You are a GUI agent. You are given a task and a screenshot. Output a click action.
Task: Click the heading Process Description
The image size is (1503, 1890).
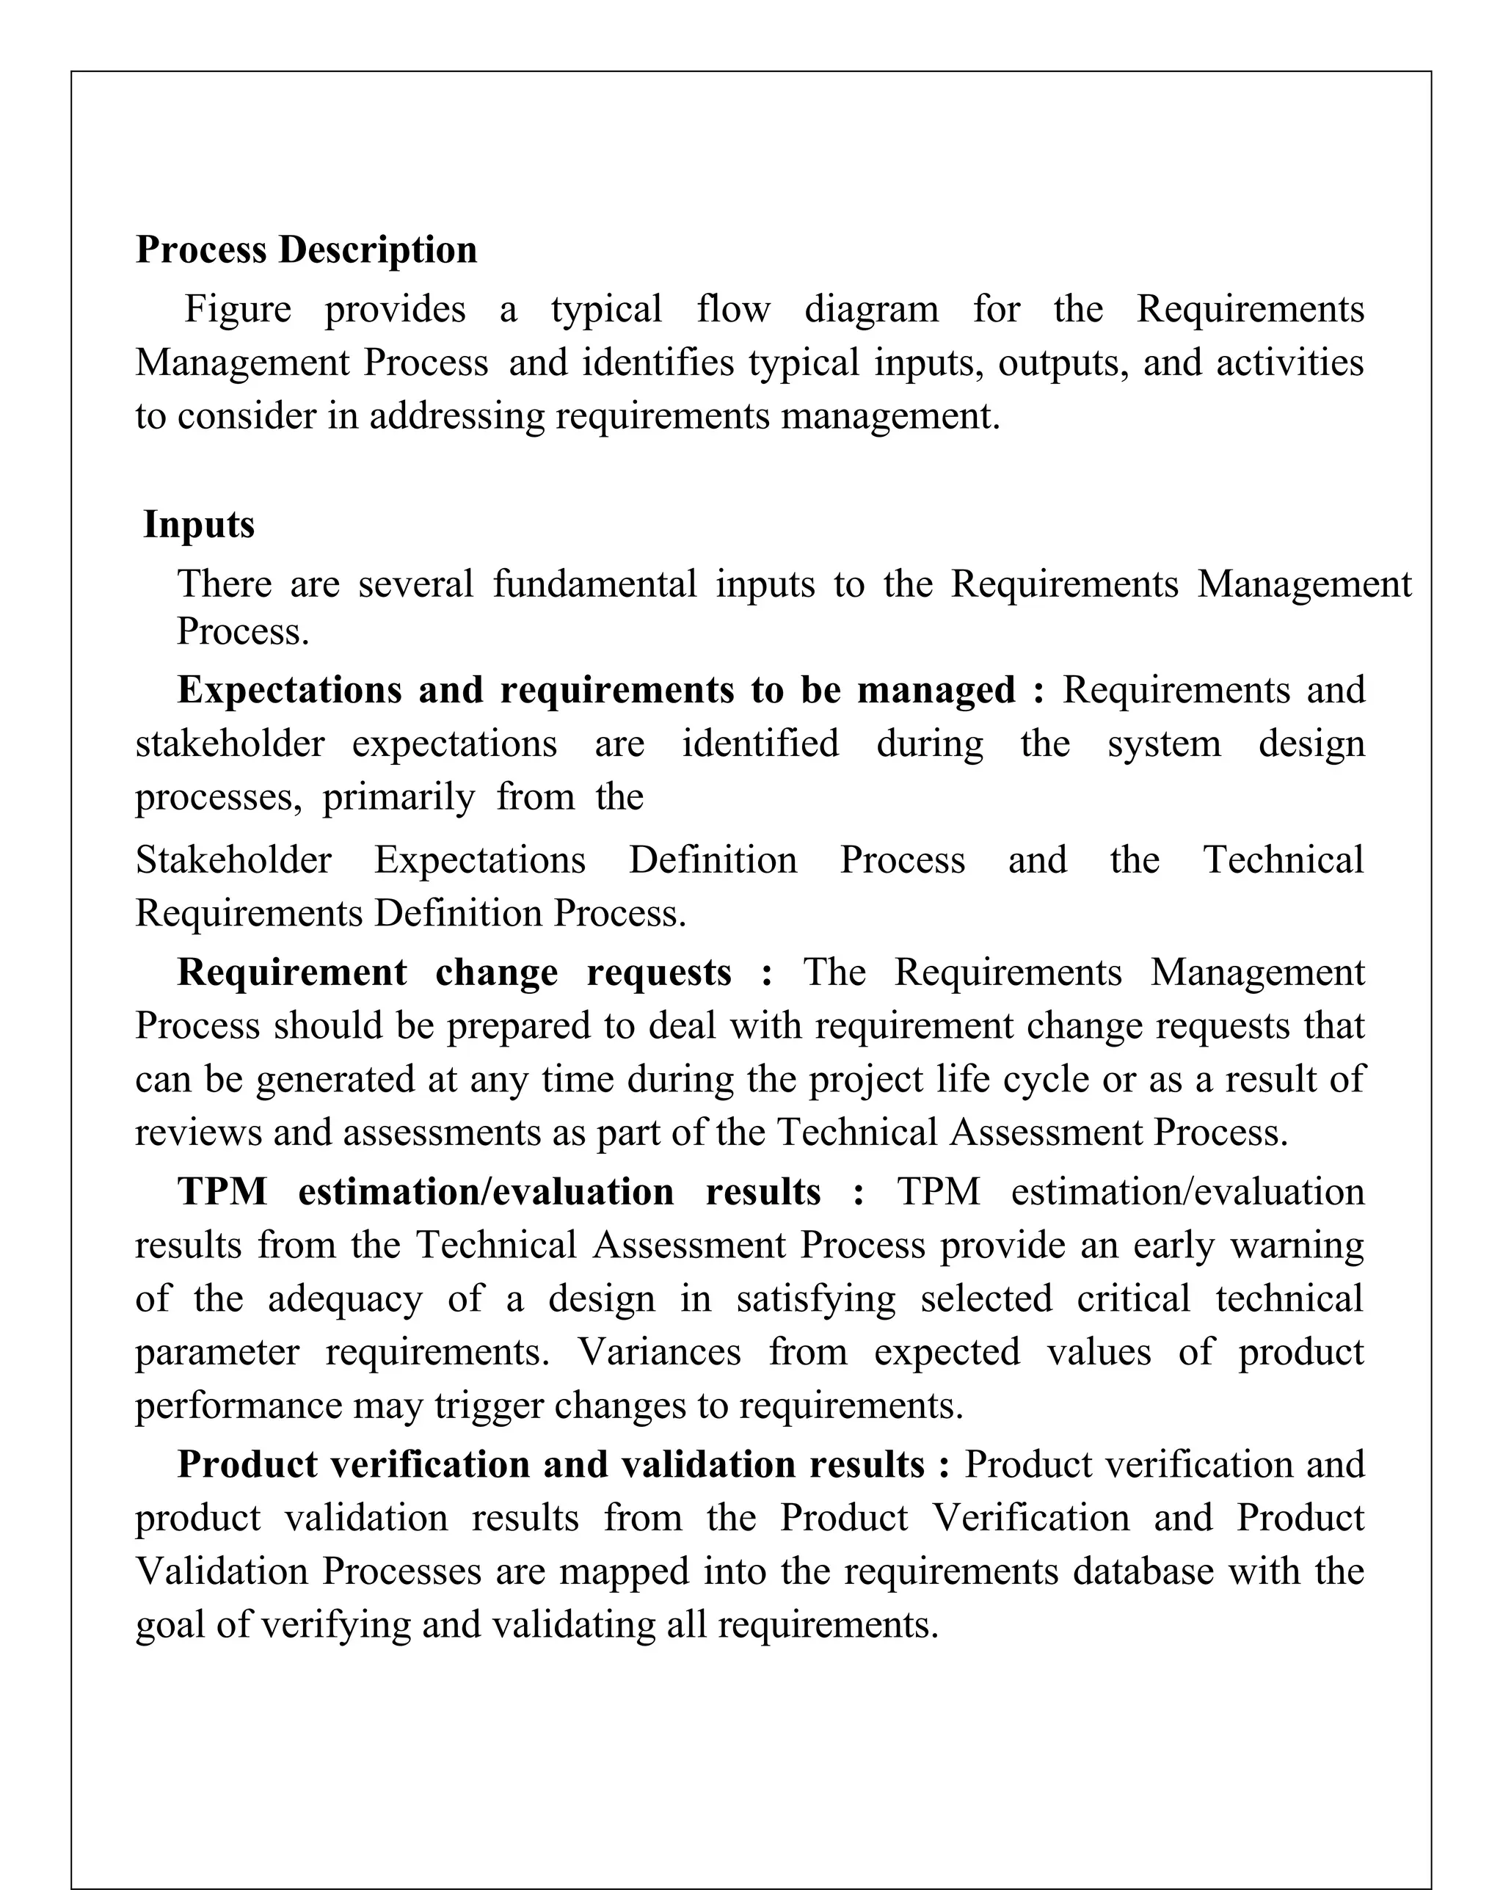tap(306, 250)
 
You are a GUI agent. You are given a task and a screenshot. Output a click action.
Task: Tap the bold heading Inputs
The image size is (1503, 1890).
tap(199, 524)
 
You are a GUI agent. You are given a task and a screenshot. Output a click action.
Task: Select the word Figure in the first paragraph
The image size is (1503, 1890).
tap(238, 310)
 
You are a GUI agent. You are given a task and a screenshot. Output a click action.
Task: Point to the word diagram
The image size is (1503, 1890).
tap(871, 310)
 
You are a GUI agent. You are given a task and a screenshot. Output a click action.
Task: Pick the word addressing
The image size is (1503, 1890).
tap(456, 416)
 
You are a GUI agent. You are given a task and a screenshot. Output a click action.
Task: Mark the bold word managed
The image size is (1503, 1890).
tap(936, 690)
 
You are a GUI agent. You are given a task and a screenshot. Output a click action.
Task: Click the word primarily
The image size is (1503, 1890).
tap(399, 798)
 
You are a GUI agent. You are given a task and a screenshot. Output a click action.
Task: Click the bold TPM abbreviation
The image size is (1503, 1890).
tap(222, 1192)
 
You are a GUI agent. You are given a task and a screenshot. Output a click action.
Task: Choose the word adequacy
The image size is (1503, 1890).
tap(346, 1299)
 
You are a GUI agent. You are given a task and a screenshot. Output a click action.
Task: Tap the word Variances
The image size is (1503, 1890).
tap(659, 1353)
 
